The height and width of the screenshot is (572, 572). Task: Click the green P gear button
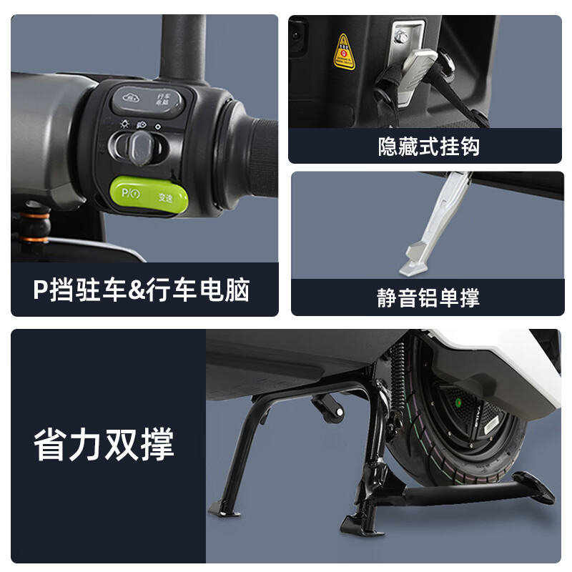click(x=148, y=195)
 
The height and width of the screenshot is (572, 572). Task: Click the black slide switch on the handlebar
click(x=138, y=147)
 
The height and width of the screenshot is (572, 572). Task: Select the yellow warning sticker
click(x=345, y=51)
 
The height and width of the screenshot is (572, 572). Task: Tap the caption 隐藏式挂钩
click(x=428, y=147)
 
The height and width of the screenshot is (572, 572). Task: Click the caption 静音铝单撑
click(x=428, y=297)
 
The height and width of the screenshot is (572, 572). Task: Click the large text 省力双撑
click(x=104, y=445)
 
